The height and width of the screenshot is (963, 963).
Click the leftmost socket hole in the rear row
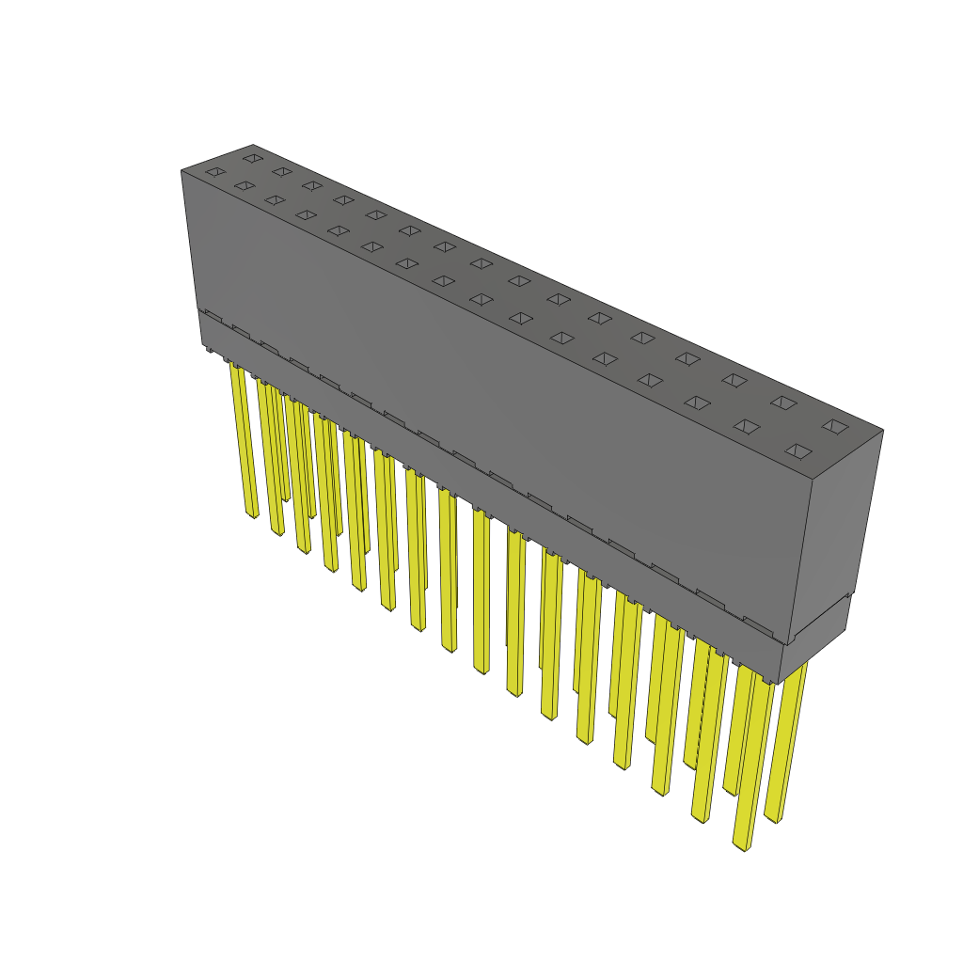251,158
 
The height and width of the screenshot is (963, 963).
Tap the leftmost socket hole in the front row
215,172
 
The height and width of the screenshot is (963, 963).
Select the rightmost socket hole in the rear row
834,426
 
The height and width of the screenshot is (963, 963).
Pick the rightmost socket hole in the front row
797,451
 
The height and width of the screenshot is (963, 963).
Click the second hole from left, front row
245,186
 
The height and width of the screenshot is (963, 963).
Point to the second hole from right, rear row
782,403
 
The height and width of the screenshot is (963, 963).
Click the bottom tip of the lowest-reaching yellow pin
743,846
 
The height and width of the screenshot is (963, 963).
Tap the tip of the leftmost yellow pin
252,514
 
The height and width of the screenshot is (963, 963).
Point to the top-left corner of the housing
182,171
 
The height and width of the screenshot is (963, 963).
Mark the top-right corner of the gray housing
882,431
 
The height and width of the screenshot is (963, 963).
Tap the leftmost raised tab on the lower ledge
213,317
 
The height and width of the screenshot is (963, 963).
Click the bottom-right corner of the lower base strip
778,682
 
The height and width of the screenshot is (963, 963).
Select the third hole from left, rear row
311,185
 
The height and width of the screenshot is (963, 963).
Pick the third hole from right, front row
697,403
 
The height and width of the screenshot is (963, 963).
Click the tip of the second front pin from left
277,532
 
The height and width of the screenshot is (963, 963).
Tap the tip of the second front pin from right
699,819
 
